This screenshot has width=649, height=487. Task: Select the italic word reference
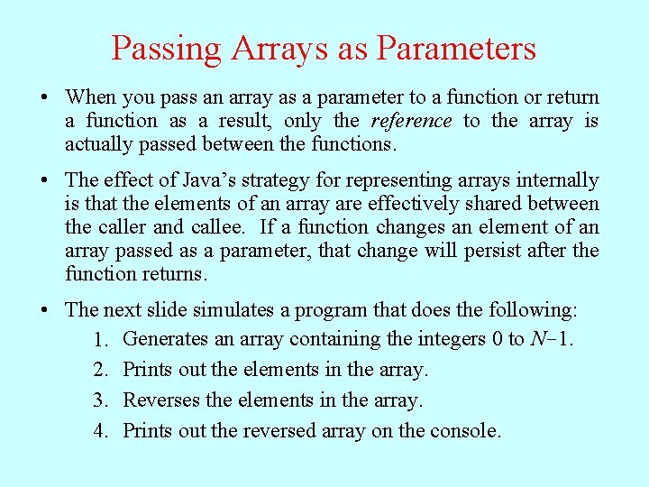tap(411, 121)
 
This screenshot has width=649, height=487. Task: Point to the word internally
tap(553, 180)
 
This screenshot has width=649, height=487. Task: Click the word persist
tap(494, 251)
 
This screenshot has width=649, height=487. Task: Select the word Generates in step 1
tap(165, 340)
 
